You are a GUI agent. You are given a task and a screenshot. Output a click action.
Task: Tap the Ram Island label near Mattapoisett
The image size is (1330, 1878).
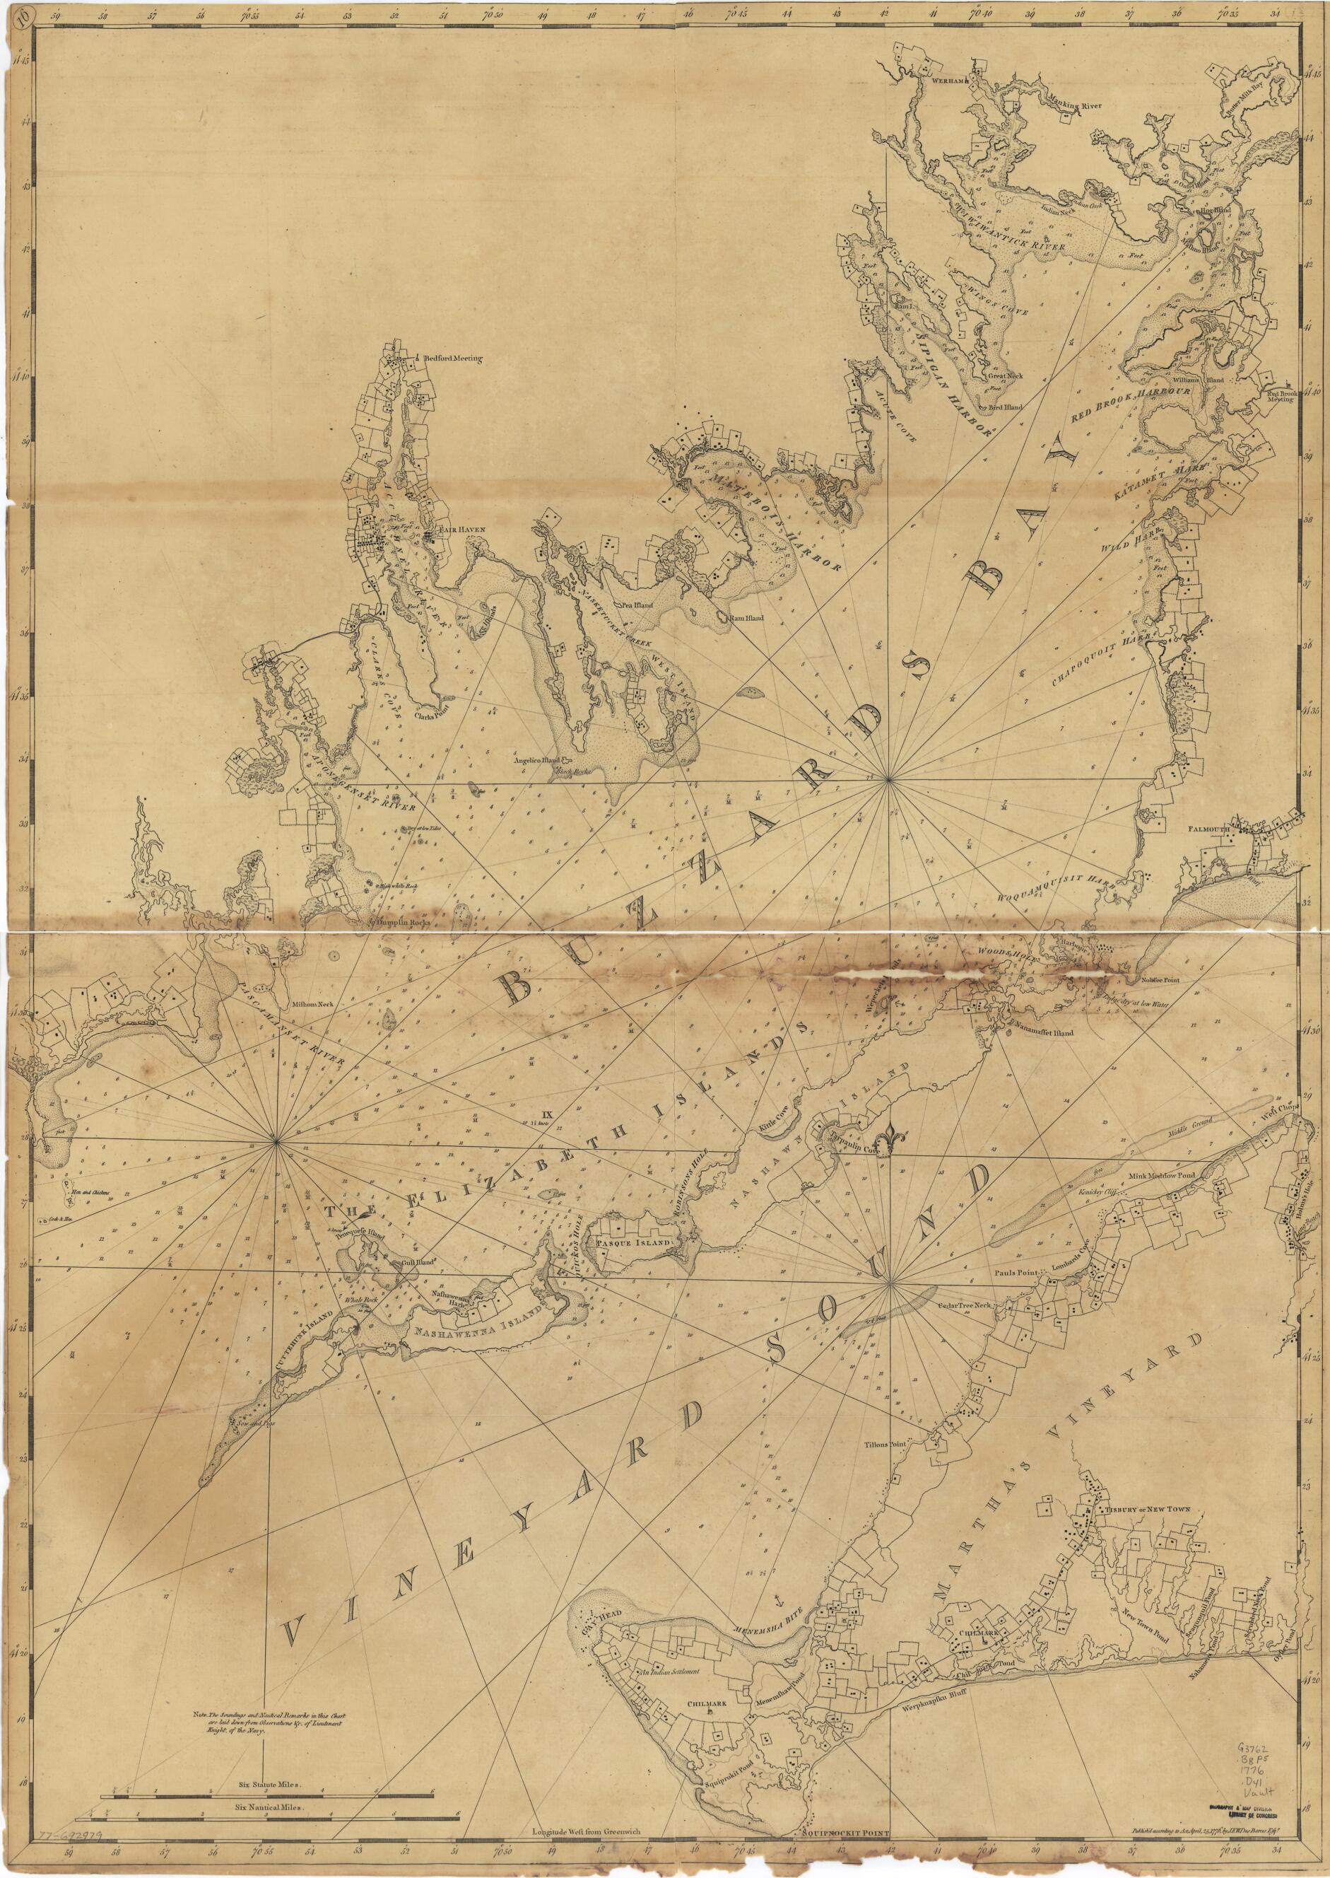[x=746, y=617]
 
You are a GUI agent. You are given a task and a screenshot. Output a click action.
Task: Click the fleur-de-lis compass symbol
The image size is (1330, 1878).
[x=890, y=1141]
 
